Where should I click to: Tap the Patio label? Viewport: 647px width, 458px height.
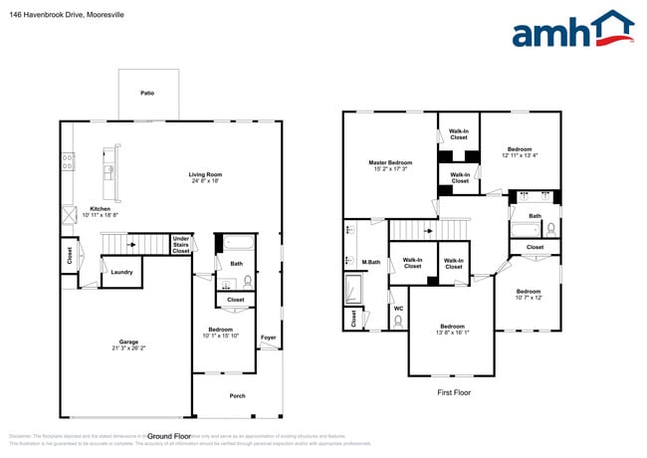tap(147, 93)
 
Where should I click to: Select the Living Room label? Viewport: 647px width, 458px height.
tap(205, 176)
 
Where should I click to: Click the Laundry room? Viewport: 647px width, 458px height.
tap(121, 272)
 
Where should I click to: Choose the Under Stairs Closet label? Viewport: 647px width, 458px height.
tap(180, 244)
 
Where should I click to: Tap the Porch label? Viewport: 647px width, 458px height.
tap(237, 395)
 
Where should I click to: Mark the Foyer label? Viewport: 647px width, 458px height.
tap(269, 338)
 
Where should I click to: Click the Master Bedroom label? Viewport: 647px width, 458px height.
tap(389, 162)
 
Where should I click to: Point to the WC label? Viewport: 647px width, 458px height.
tap(398, 308)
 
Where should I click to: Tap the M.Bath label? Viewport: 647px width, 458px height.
tap(370, 262)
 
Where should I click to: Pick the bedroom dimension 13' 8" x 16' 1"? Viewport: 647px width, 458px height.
tap(452, 333)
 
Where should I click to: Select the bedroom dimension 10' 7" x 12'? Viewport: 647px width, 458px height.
tap(529, 297)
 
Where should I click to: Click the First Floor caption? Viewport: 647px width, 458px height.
tap(453, 392)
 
